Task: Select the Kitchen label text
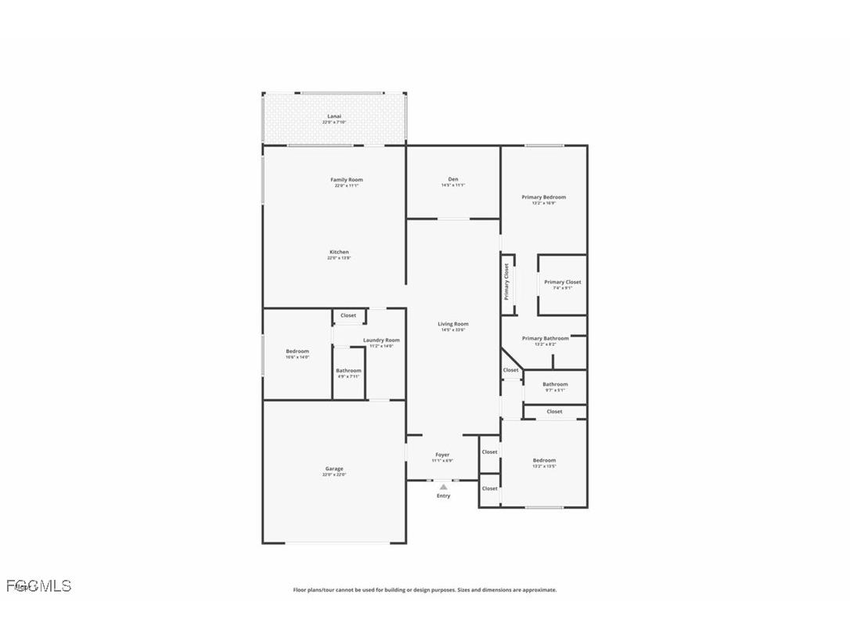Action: [339, 252]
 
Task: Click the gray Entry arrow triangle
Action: [444, 487]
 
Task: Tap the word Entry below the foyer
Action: [444, 495]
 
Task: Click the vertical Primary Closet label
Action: [506, 282]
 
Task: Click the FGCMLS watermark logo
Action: [38, 585]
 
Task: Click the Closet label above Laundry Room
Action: [348, 315]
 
